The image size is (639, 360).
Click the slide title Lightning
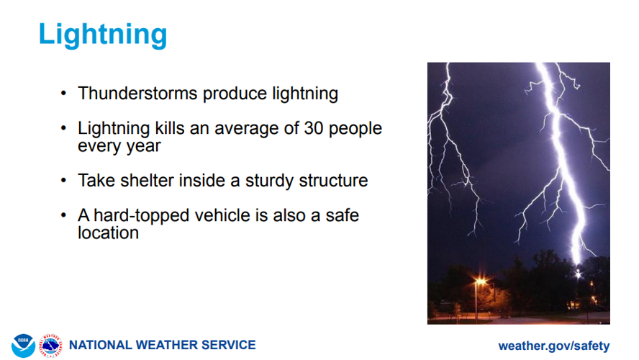pyautogui.click(x=102, y=34)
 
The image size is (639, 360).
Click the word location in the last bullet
pyautogui.click(x=108, y=233)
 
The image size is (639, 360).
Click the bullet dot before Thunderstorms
pyautogui.click(x=63, y=94)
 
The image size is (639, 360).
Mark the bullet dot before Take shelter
pyautogui.click(x=63, y=181)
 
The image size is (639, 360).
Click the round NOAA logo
pyautogui.click(x=23, y=345)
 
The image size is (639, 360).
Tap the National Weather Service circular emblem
pyautogui.click(x=50, y=345)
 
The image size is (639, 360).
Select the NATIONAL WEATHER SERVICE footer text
pyautogui.click(x=162, y=345)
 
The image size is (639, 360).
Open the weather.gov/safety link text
pyautogui.click(x=553, y=346)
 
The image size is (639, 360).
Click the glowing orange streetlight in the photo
pyautogui.click(x=479, y=283)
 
